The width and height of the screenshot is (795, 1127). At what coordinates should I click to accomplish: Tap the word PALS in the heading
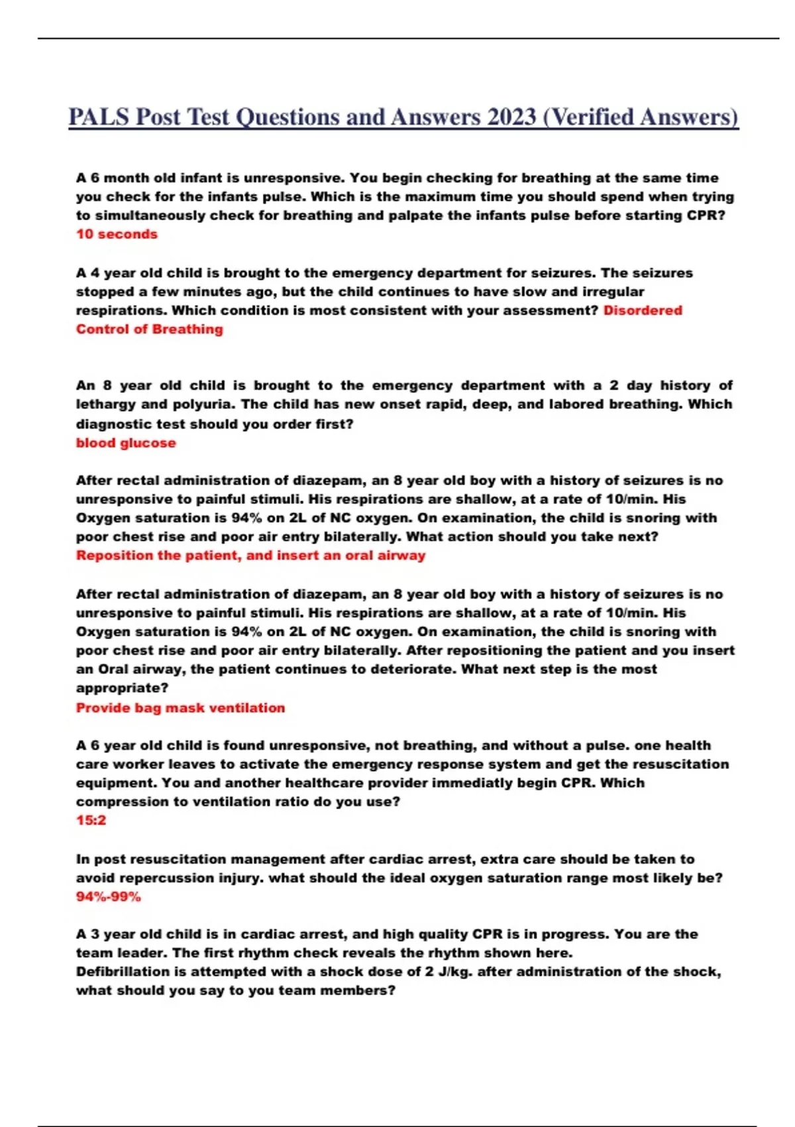point(99,117)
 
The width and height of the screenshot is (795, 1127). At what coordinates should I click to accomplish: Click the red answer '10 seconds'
point(117,234)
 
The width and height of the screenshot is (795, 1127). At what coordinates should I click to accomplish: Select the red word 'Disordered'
point(642,310)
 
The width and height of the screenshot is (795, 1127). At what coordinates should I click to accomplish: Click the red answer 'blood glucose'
point(126,443)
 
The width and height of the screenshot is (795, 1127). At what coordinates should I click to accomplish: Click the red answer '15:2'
point(91,820)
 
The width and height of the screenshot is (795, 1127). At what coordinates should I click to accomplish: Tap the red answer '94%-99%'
point(109,897)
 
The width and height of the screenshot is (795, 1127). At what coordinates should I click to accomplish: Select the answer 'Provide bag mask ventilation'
point(180,707)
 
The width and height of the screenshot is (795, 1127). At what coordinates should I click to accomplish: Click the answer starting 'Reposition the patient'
point(250,556)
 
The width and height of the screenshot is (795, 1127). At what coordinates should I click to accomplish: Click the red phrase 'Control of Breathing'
point(149,329)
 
